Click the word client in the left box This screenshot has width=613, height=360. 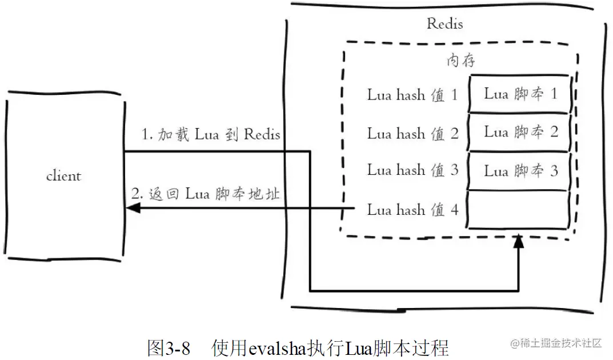point(63,176)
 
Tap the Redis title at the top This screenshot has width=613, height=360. point(444,24)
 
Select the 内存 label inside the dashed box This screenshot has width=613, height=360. point(460,61)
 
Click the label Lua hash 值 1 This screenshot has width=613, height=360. point(412,95)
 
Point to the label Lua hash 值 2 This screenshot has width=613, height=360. point(412,134)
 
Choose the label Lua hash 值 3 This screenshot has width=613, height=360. point(412,170)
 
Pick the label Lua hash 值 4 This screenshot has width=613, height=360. point(412,210)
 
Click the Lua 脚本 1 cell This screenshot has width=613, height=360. point(520,94)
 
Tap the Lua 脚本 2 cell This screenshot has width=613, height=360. point(520,132)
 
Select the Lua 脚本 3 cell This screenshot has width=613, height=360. point(520,170)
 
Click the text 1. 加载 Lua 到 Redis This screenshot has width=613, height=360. point(211,135)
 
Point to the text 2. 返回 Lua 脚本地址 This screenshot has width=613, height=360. point(206,194)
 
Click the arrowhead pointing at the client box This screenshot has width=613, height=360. point(133,209)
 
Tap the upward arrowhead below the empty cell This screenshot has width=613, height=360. point(518,241)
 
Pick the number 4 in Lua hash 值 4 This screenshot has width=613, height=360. point(454,210)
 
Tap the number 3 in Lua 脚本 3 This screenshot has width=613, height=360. point(554,170)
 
